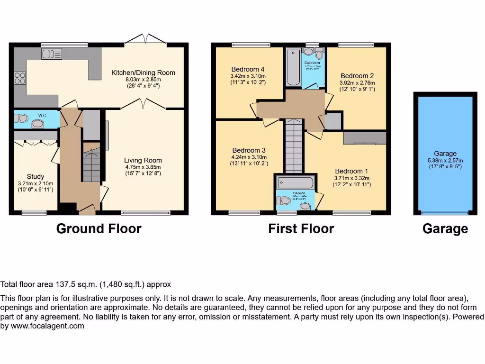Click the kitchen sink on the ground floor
(48, 54)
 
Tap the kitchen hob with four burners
(20, 78)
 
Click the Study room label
(36, 176)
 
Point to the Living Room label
(143, 160)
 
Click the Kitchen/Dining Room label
(143, 73)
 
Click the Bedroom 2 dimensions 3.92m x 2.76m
(357, 82)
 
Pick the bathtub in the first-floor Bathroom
(293, 69)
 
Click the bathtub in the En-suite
(295, 182)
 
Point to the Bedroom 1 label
(351, 171)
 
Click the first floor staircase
(294, 147)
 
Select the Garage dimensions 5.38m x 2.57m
(445, 160)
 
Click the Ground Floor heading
(99, 229)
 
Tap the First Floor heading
(301, 229)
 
